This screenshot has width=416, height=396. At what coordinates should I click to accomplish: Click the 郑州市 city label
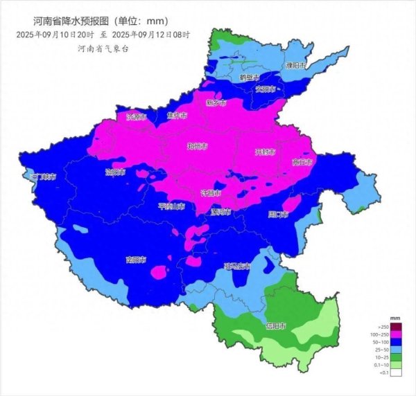198,146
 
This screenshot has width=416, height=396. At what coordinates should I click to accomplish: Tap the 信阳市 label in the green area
276,325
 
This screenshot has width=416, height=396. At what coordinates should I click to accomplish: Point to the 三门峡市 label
43,177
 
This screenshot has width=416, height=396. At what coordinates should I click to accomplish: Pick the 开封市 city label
265,151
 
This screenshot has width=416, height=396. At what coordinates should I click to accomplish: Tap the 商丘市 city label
302,163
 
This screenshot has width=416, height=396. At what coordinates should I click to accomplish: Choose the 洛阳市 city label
115,171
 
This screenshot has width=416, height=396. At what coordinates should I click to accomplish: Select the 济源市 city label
137,117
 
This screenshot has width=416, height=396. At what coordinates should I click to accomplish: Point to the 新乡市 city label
216,102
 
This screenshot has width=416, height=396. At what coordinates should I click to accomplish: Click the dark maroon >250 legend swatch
396,327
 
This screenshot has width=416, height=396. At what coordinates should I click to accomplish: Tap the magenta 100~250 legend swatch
396,335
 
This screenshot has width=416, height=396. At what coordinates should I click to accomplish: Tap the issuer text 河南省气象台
104,47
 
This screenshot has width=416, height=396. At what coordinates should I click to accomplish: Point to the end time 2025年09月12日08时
150,33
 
